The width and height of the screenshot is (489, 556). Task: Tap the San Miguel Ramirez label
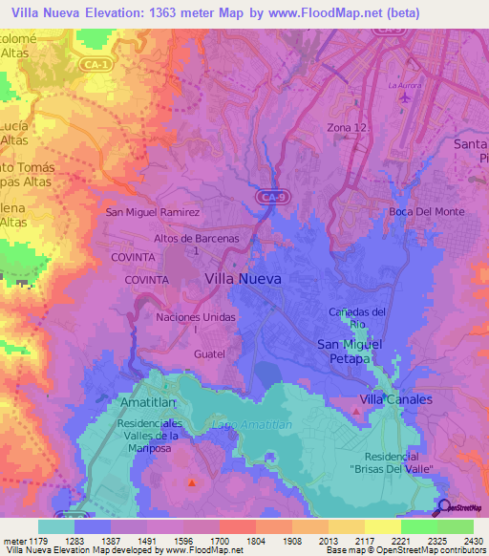click(153, 212)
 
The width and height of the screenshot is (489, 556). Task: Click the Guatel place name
click(208, 353)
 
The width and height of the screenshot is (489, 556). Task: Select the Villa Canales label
click(395, 398)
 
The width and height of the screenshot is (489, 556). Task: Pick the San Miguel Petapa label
click(350, 351)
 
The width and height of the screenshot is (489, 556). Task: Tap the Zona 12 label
click(372, 128)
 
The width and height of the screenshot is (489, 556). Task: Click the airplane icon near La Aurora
click(407, 96)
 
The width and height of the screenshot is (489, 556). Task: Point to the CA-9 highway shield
click(268, 197)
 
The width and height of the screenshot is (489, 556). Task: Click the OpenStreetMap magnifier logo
click(442, 507)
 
